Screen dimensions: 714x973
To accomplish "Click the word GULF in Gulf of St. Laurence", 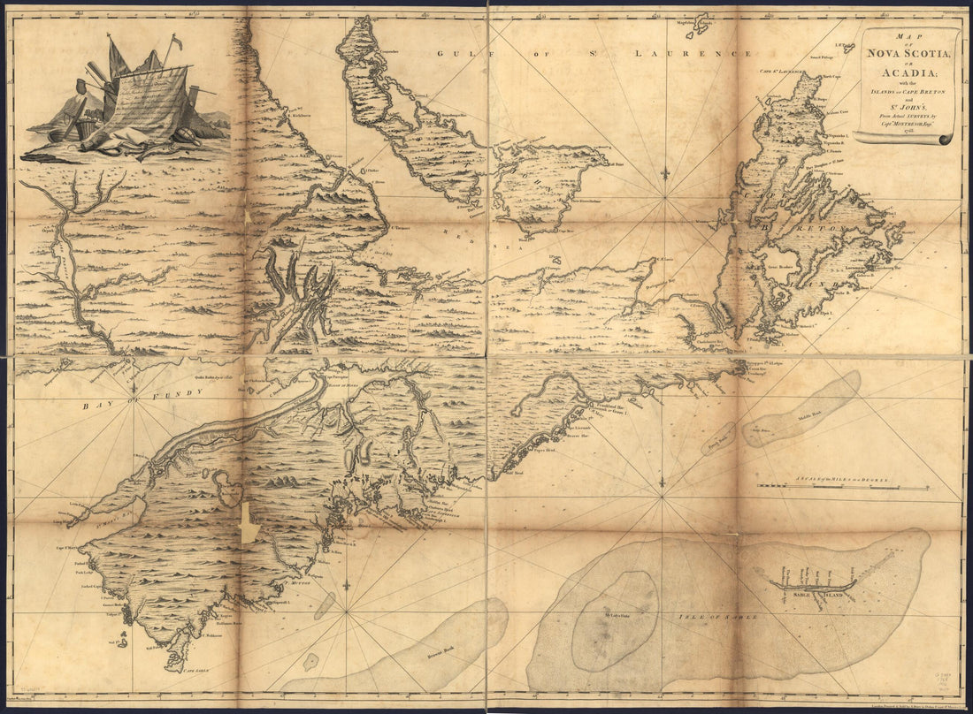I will click(452, 54).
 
